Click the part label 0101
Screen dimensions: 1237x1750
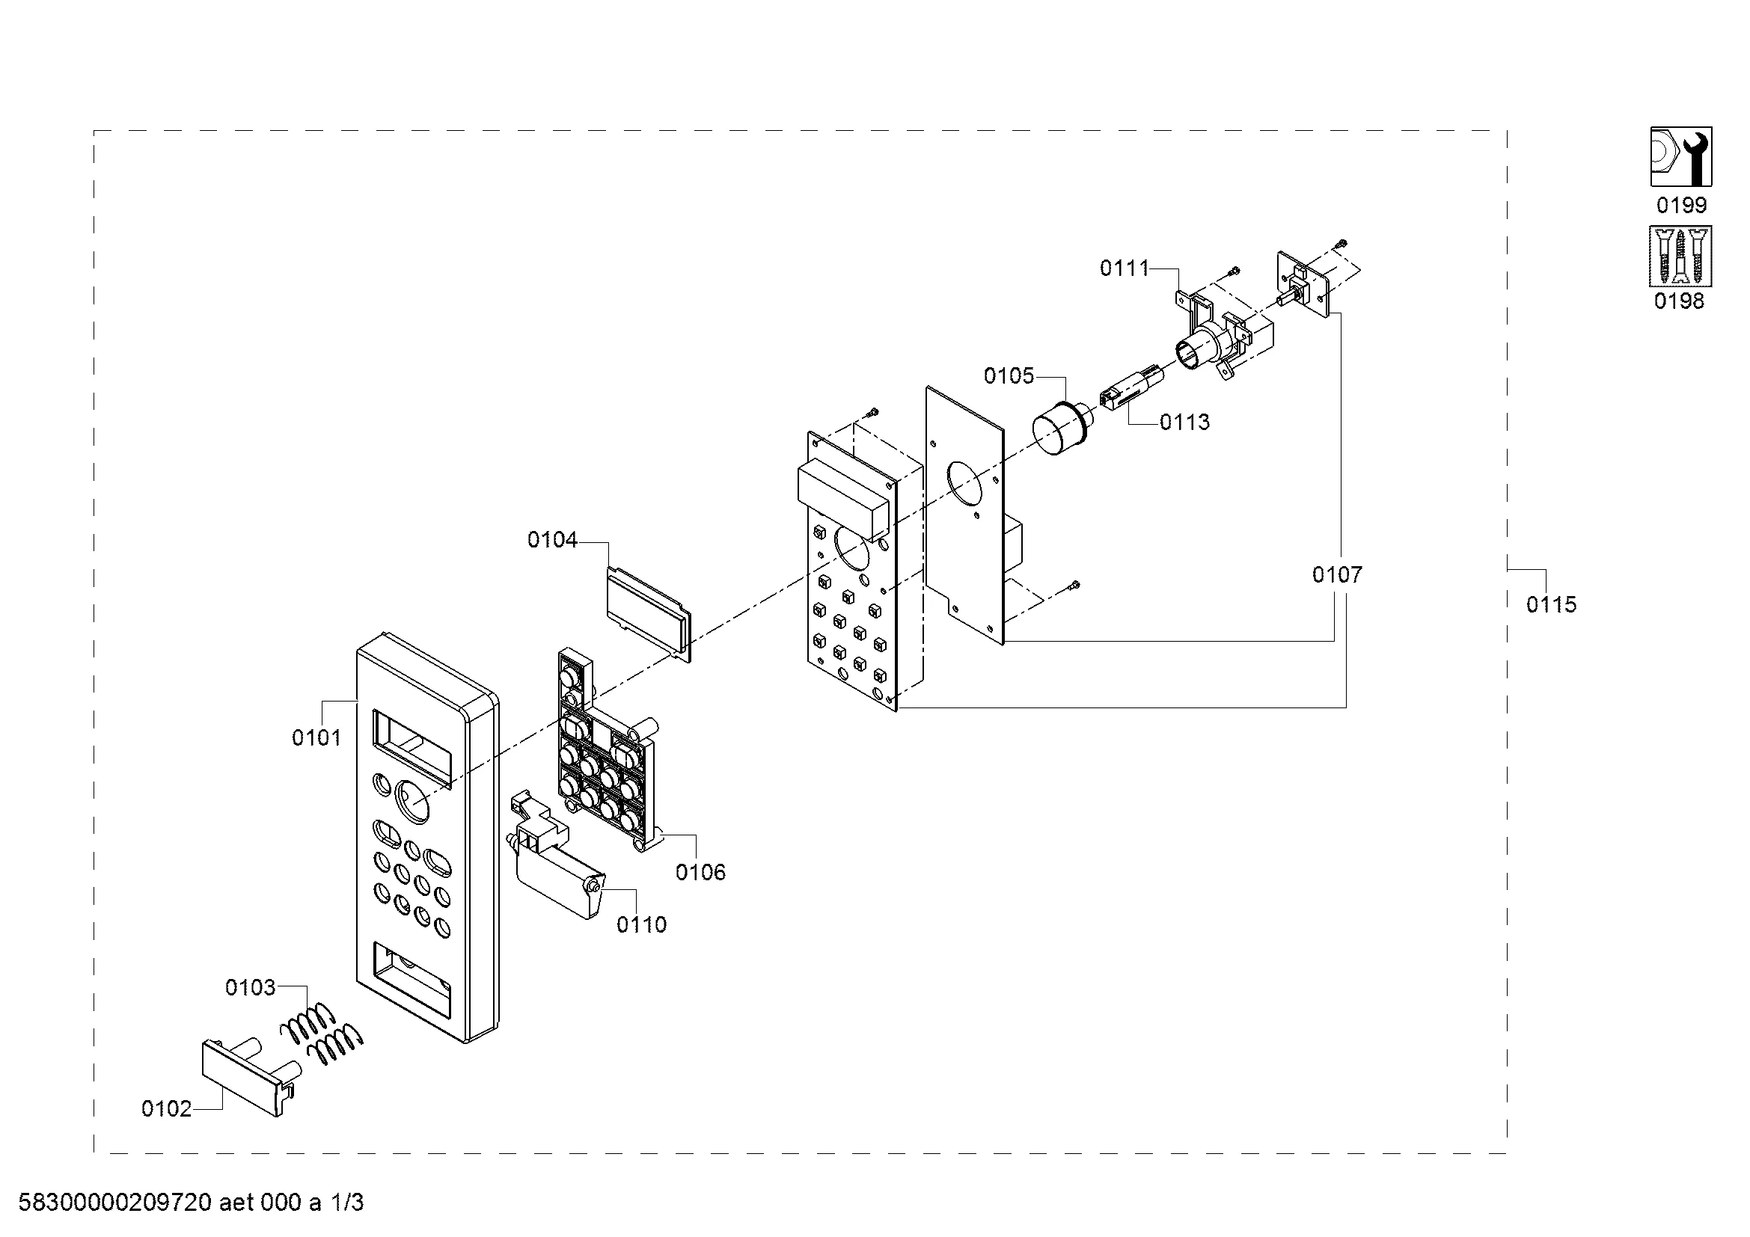(x=316, y=737)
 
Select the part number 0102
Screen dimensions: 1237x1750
(x=166, y=1108)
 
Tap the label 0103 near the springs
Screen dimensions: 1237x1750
(x=250, y=987)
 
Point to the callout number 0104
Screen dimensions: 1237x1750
(x=553, y=540)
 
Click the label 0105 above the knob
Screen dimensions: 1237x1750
(x=1009, y=375)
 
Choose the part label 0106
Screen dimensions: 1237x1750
(x=700, y=872)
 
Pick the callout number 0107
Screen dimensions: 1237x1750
(x=1337, y=574)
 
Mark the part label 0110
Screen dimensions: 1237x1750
(x=641, y=924)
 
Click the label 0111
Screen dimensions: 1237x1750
(x=1125, y=268)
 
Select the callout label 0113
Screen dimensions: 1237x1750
(x=1184, y=422)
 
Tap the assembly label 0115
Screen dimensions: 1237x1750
(x=1551, y=605)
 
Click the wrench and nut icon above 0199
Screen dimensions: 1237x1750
(x=1680, y=157)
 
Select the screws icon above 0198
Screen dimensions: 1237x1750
(x=1680, y=256)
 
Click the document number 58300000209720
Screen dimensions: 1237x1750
(x=114, y=1203)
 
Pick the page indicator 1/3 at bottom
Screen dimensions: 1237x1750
(x=347, y=1203)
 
